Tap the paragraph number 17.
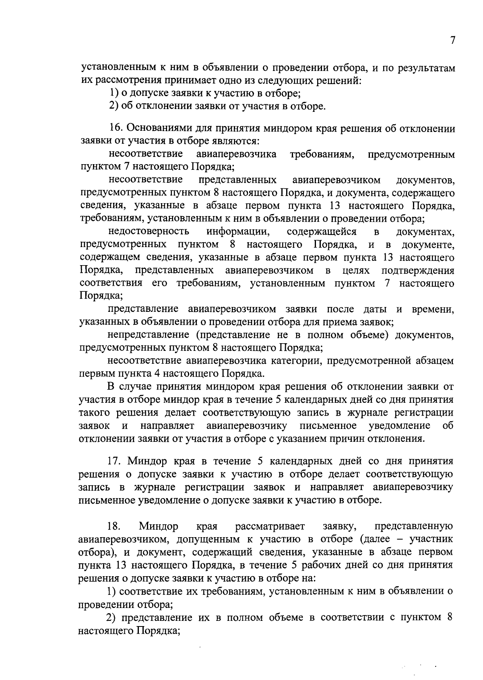pos(116,461)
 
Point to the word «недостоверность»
pos(149,232)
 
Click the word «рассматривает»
pos(270,526)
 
